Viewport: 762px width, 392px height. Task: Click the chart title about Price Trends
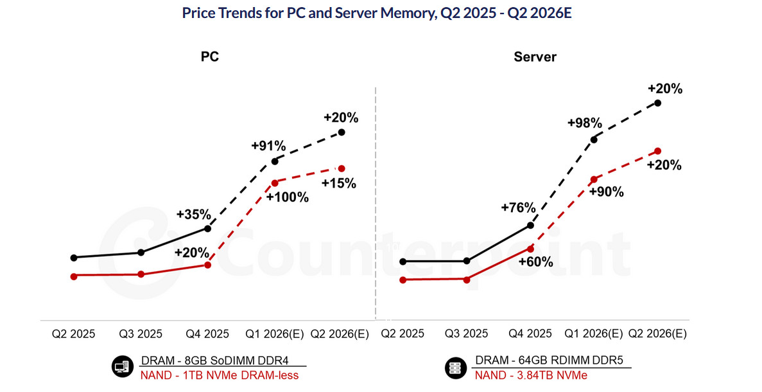376,13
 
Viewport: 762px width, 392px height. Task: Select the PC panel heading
210,57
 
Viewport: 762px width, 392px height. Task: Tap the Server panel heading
535,57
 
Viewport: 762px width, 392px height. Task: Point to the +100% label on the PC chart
287,197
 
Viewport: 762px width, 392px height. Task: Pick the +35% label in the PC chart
193,214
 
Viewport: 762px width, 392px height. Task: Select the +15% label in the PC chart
339,183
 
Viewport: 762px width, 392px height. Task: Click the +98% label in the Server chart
584,123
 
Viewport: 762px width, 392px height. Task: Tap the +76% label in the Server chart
518,207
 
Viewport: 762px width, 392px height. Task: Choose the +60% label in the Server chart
535,262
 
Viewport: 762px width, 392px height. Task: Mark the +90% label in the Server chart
606,192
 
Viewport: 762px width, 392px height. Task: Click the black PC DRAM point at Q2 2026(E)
342,132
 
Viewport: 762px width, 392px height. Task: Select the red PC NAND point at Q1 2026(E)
275,183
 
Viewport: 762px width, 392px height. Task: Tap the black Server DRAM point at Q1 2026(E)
594,139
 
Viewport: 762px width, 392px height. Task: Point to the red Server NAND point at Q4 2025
530,248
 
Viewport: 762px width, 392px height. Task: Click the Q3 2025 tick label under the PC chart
141,334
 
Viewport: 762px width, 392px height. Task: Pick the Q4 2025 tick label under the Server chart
530,334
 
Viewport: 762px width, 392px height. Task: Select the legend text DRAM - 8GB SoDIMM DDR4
214,361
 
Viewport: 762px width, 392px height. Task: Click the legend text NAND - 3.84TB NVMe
531,375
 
